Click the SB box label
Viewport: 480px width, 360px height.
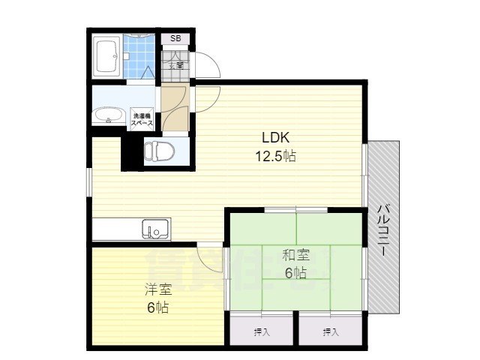175,38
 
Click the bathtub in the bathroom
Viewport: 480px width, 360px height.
106,56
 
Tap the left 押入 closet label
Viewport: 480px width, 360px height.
261,331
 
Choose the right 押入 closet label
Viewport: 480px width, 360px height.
331,331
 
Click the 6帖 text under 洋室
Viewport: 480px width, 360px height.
157,307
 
